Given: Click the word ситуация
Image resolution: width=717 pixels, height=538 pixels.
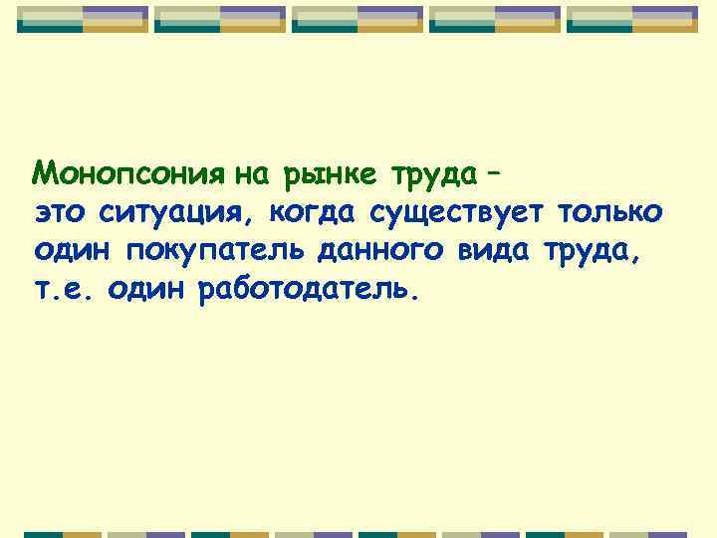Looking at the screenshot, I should click(x=177, y=214).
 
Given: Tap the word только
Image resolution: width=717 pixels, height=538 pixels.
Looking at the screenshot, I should click(x=612, y=212).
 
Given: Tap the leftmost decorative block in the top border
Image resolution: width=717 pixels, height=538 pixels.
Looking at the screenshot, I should click(x=83, y=19).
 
